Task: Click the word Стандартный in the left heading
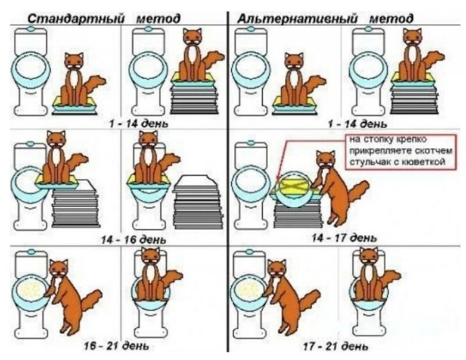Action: point(76,18)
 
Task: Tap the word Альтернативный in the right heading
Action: point(297,18)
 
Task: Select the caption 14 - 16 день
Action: point(133,240)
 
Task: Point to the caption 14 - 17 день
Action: point(344,238)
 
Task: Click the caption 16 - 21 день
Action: point(117,346)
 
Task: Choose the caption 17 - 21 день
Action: point(335,346)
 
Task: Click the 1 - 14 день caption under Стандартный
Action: point(139,123)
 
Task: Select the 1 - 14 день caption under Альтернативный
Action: point(358,123)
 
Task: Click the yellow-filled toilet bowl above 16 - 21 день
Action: point(31,290)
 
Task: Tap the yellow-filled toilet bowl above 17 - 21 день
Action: point(250,290)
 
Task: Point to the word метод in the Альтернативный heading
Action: point(391,19)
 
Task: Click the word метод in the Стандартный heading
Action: point(158,19)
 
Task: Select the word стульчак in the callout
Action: point(367,162)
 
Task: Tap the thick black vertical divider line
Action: point(228,181)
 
